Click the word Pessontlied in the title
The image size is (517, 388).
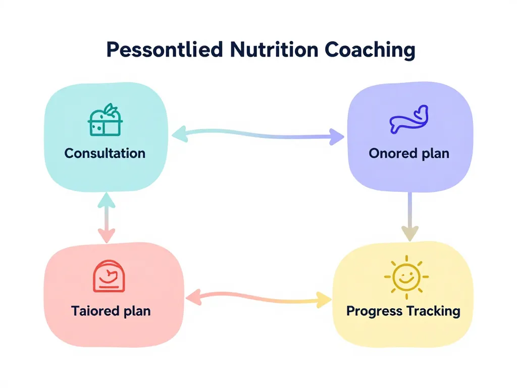[x=165, y=51]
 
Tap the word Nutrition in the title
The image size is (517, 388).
[x=273, y=51]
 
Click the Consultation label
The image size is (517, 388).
[x=105, y=153]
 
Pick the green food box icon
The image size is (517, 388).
[x=106, y=121]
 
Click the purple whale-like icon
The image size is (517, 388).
[x=408, y=120]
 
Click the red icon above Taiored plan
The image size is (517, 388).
[x=108, y=276]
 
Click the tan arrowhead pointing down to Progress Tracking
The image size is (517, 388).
[x=410, y=233]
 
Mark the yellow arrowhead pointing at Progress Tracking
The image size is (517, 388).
[x=324, y=300]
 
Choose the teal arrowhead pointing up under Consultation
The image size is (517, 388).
[x=106, y=200]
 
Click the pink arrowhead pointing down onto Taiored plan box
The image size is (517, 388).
[x=107, y=235]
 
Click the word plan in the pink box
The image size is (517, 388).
[x=137, y=311]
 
